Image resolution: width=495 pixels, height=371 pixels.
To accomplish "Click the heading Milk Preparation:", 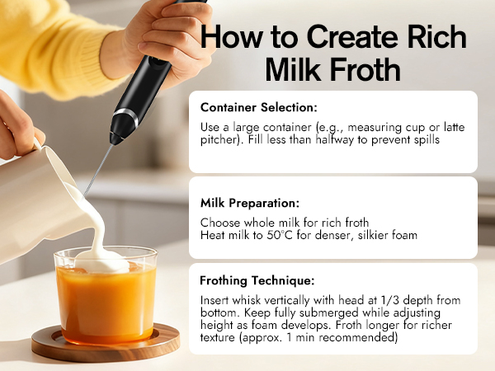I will (x=250, y=201).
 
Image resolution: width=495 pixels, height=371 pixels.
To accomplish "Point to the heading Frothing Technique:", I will (x=257, y=279).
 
